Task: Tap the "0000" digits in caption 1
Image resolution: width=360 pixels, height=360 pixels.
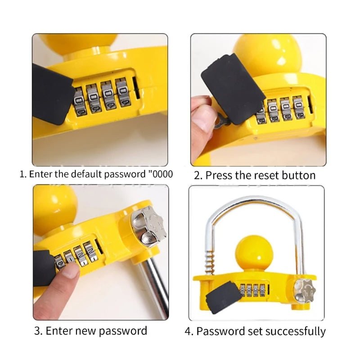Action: (162, 174)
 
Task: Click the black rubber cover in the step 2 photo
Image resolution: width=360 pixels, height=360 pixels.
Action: (233, 89)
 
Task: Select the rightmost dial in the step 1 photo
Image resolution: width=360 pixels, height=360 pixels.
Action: (123, 93)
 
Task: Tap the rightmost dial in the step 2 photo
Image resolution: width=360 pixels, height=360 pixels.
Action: (299, 108)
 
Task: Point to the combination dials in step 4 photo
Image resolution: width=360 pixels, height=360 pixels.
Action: (252, 290)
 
